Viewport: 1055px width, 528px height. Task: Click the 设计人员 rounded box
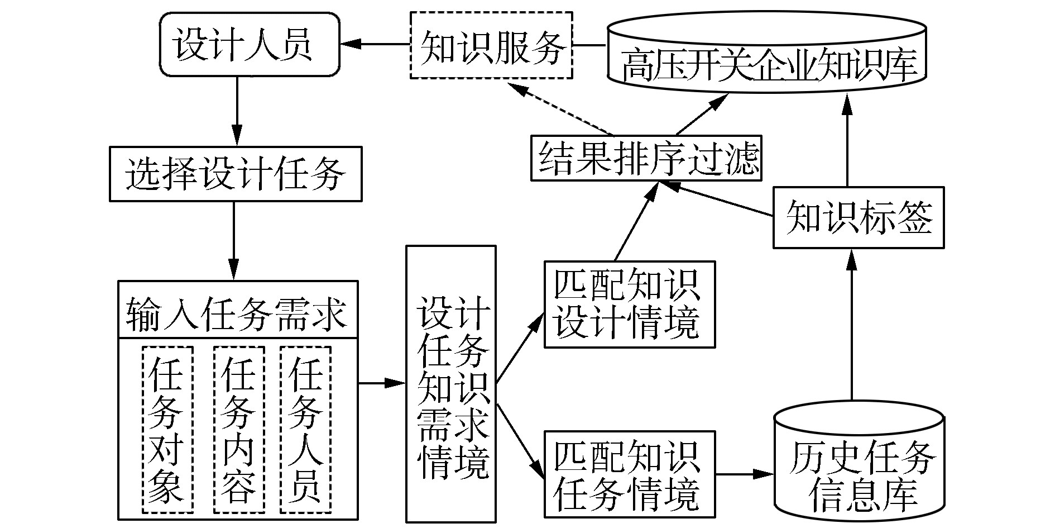tap(249, 45)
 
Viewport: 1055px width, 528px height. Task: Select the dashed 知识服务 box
tap(491, 45)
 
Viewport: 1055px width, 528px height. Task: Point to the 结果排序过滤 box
tap(646, 158)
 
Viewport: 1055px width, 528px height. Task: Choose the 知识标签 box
tap(858, 217)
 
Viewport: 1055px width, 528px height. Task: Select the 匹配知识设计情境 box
tap(629, 305)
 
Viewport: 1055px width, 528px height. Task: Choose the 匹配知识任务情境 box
tap(629, 474)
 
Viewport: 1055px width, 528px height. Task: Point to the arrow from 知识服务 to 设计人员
tap(375, 44)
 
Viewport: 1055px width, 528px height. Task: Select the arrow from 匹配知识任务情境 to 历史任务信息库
tap(745, 474)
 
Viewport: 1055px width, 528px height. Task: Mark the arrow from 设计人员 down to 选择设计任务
tap(237, 111)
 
